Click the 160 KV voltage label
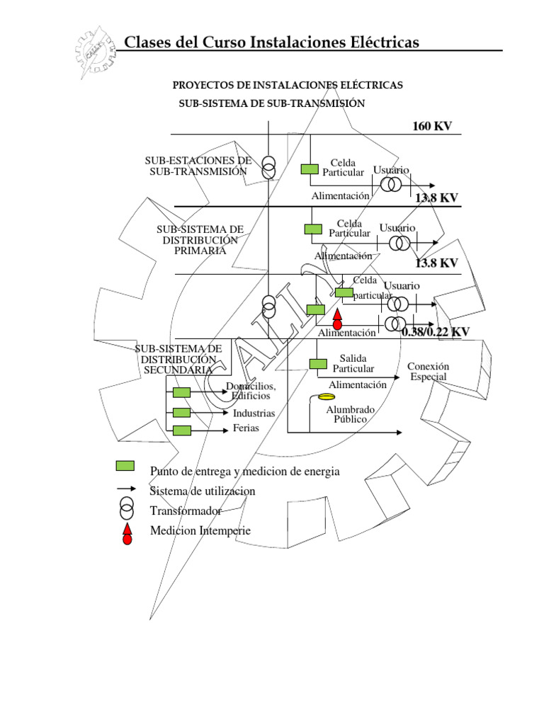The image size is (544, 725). [x=432, y=127]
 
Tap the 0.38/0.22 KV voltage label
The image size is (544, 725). [x=436, y=331]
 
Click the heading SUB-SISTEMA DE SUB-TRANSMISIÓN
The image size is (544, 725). [x=271, y=103]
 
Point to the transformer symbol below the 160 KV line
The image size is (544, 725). [x=268, y=168]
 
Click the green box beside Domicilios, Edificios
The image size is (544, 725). [x=182, y=392]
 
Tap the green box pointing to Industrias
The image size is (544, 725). [x=182, y=412]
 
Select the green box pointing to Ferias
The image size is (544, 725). [x=182, y=430]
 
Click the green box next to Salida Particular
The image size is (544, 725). [x=318, y=364]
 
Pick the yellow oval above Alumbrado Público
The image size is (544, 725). [x=326, y=396]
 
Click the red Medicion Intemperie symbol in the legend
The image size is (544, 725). [x=127, y=535]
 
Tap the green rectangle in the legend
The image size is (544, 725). [x=125, y=466]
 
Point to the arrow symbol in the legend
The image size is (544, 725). [x=126, y=489]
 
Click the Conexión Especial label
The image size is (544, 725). [x=428, y=371]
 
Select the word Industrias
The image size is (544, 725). [x=254, y=412]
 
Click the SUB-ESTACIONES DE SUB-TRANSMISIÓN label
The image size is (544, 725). [x=198, y=166]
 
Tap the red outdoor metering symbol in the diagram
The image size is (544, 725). [x=337, y=319]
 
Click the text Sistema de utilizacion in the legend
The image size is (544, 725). [x=203, y=491]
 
